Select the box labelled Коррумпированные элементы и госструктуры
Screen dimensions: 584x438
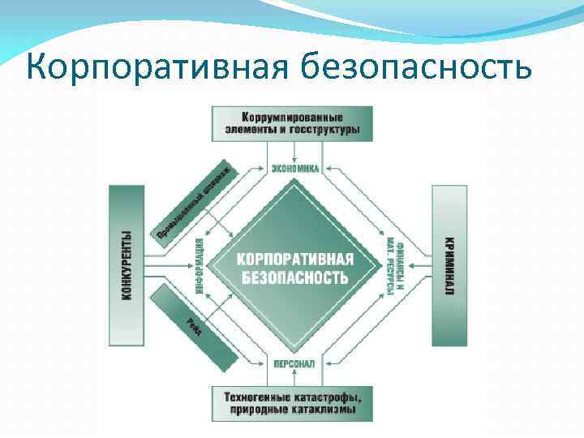point(292,123)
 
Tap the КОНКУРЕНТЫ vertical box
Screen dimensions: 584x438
point(127,265)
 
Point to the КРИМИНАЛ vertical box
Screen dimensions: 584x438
point(449,265)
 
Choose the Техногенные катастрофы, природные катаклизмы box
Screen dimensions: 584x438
point(292,404)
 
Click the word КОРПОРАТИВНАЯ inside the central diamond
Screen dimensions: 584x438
point(294,259)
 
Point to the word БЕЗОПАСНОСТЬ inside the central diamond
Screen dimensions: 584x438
point(294,277)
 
